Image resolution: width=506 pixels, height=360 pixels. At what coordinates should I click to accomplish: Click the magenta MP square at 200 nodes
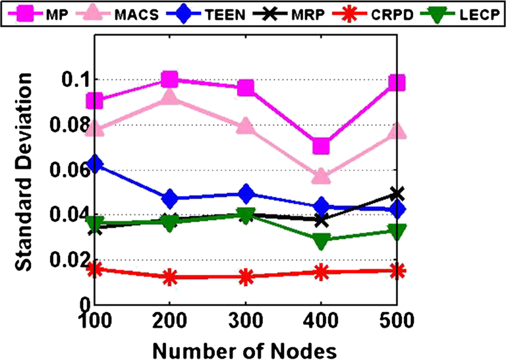tap(170, 80)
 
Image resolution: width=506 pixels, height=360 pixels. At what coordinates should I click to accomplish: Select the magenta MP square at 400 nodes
tap(321, 146)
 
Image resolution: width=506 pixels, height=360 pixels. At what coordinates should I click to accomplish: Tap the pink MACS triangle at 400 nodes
tap(321, 176)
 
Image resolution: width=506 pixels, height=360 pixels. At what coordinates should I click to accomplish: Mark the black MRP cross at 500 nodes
tap(397, 194)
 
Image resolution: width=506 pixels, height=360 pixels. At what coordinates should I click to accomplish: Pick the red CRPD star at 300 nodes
tap(246, 278)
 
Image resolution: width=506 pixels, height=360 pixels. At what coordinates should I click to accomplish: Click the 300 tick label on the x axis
tap(245, 322)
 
